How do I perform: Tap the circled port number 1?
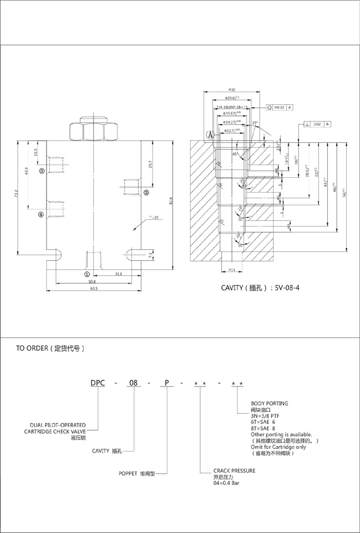pyautogui.click(x=87, y=274)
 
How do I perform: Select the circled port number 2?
pyautogui.click(x=146, y=193)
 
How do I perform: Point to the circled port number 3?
pyautogui.click(x=42, y=170)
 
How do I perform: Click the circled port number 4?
pyautogui.click(x=41, y=214)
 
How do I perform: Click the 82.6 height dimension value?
pyautogui.click(x=171, y=202)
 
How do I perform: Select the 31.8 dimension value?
pyautogui.click(x=119, y=274)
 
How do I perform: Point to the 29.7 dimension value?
pyautogui.click(x=150, y=164)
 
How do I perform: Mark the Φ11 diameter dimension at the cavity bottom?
pyautogui.click(x=231, y=270)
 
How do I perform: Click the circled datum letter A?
pyautogui.click(x=210, y=135)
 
